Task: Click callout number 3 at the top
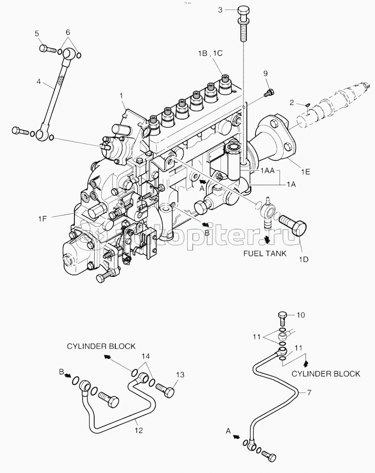220,10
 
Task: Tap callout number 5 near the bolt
37,33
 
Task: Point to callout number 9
265,73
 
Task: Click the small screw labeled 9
269,93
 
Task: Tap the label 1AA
267,171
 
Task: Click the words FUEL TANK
265,253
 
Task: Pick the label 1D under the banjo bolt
304,259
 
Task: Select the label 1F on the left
43,218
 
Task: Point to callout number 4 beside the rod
39,81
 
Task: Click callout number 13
180,375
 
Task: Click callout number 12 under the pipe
138,430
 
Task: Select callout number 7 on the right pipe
309,393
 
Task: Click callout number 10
301,315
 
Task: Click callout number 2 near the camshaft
292,103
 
